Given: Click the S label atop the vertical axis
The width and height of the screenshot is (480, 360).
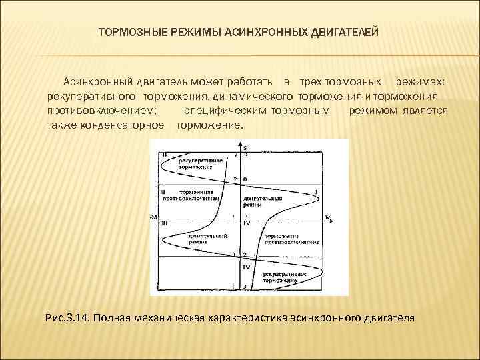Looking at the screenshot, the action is [x=245, y=147].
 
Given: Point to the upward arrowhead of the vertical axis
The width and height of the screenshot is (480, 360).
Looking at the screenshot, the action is [x=239, y=143].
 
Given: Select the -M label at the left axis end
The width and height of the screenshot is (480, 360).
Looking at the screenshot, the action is [x=155, y=217].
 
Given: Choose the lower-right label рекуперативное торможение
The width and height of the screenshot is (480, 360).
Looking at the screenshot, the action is [x=283, y=277].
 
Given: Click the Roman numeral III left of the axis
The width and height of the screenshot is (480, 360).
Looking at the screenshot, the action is [x=164, y=225].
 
